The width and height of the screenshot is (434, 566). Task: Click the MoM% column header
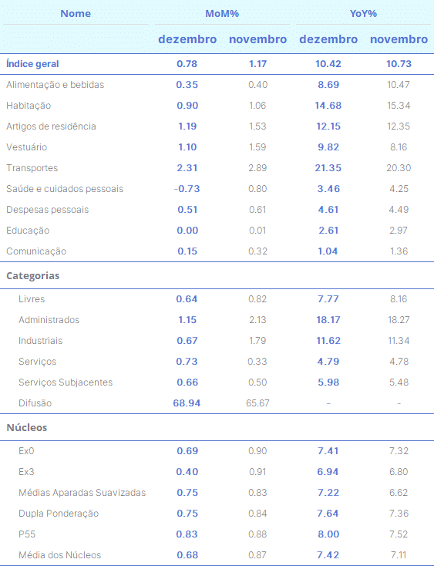pyautogui.click(x=222, y=14)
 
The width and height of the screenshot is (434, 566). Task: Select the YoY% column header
pyautogui.click(x=363, y=14)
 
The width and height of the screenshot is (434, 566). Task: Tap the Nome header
pyautogui.click(x=76, y=14)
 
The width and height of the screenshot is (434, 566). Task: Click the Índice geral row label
pyautogui.click(x=32, y=64)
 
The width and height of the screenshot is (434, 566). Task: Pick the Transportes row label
pyautogui.click(x=32, y=168)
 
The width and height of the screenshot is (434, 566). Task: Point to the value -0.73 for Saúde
pyautogui.click(x=187, y=189)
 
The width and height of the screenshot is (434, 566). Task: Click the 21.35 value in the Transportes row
pyautogui.click(x=328, y=168)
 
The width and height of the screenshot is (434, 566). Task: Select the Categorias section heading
pyautogui.click(x=33, y=276)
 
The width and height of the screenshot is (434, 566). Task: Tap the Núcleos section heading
pyautogui.click(x=27, y=427)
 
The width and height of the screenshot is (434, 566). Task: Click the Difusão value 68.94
pyautogui.click(x=187, y=403)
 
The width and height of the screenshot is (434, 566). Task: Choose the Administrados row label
pyautogui.click(x=49, y=320)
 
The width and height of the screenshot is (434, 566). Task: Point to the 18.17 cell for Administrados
pyautogui.click(x=328, y=320)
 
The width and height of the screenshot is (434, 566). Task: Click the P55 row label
pyautogui.click(x=27, y=534)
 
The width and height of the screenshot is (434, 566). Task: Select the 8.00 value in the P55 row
pyautogui.click(x=328, y=534)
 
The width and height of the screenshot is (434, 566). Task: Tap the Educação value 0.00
pyautogui.click(x=187, y=231)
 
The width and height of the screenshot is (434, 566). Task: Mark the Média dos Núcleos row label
pyautogui.click(x=60, y=555)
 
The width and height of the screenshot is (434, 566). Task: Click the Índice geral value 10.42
pyautogui.click(x=328, y=64)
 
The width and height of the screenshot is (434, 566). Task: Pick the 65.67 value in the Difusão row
pyautogui.click(x=257, y=403)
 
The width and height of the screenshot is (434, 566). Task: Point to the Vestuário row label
pyautogui.click(x=27, y=147)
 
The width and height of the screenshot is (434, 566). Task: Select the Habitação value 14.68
pyautogui.click(x=328, y=106)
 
